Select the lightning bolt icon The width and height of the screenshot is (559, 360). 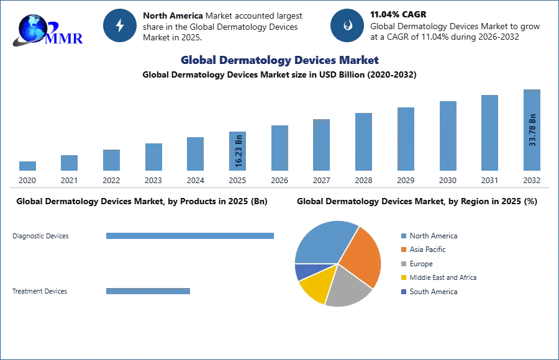point(120,25)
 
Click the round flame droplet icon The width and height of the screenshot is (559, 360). point(347,25)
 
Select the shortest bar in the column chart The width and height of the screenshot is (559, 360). point(27,166)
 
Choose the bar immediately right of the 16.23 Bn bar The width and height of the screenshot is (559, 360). point(278,148)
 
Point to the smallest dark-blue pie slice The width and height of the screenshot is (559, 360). point(302,271)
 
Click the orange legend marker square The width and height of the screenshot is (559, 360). point(403,250)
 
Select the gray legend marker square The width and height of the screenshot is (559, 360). point(403,264)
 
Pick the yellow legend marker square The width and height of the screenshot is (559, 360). point(403,278)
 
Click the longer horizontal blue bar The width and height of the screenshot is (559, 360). point(191,236)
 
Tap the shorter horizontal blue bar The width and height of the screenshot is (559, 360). point(148,292)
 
